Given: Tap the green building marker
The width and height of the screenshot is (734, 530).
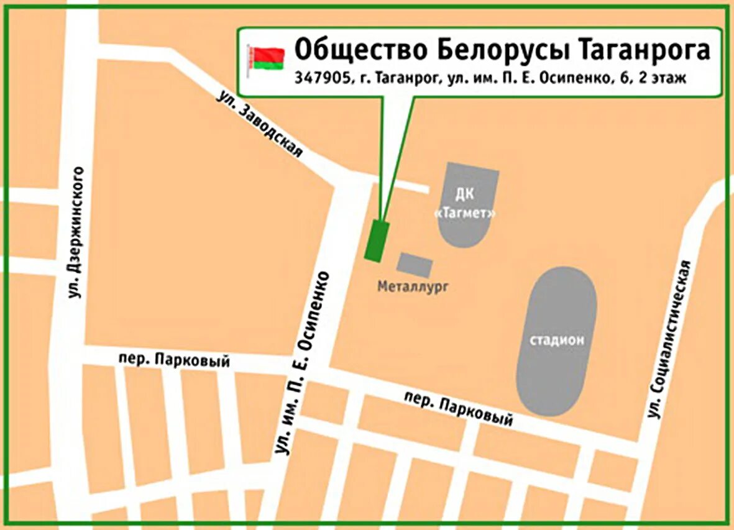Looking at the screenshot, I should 376,241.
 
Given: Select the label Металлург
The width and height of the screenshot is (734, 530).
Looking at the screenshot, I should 413,286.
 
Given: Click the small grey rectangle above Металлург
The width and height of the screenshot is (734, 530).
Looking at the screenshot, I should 415,265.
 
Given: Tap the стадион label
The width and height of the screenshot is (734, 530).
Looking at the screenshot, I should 557,340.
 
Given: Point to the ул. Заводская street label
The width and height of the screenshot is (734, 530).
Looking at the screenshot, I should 260,124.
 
